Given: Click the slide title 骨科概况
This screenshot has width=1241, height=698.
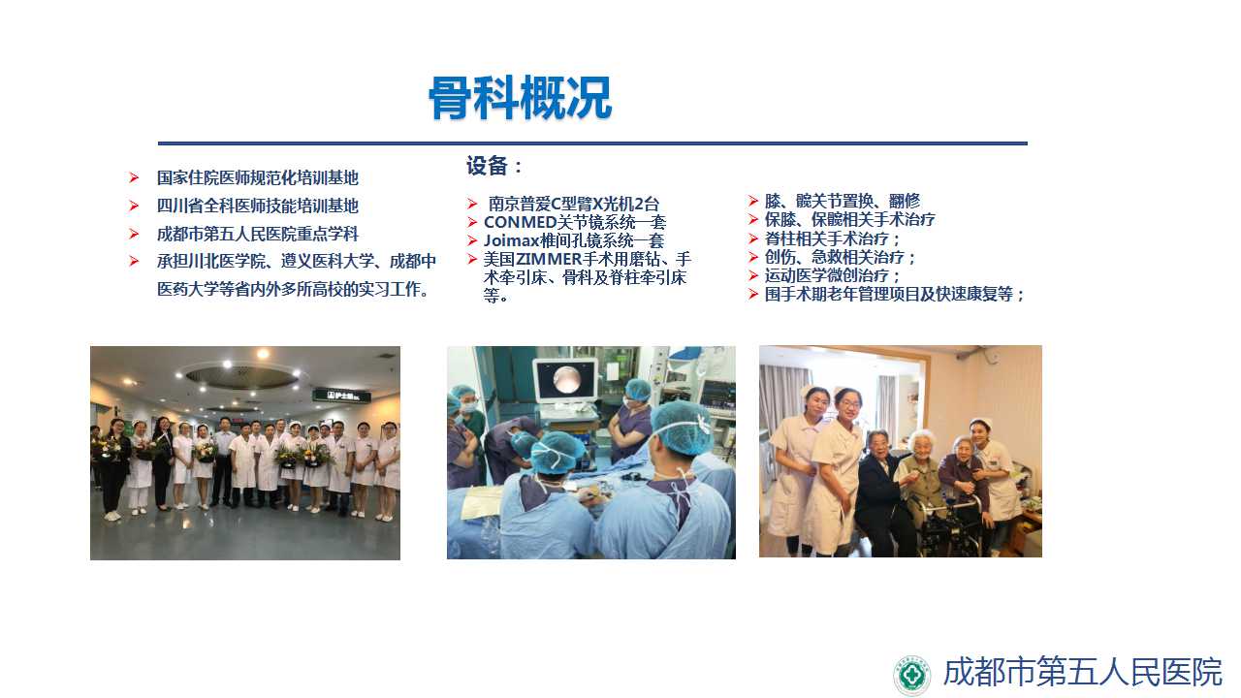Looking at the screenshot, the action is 521,98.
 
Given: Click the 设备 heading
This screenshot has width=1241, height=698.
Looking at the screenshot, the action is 487,166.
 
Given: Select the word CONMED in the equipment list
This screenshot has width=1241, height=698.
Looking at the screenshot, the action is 520,222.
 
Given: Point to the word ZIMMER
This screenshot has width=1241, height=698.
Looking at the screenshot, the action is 549,259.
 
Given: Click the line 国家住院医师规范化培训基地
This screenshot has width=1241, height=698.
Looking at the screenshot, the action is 258,177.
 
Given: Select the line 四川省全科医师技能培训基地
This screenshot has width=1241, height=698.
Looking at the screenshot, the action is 258,206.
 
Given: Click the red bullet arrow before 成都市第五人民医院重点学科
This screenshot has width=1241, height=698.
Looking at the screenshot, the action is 134,234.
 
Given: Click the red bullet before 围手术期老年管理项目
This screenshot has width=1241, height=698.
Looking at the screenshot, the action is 753,294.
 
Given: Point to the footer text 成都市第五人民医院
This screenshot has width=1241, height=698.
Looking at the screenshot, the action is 1083,672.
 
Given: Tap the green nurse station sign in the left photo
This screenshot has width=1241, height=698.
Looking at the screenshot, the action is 342,395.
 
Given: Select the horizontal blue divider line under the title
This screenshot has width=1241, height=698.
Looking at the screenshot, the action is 592,143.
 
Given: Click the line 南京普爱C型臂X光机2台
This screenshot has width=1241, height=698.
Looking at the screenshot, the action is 573,204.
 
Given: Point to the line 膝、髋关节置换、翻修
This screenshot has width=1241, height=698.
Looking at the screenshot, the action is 843,201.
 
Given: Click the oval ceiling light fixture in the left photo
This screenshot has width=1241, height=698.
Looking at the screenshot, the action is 242,378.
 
